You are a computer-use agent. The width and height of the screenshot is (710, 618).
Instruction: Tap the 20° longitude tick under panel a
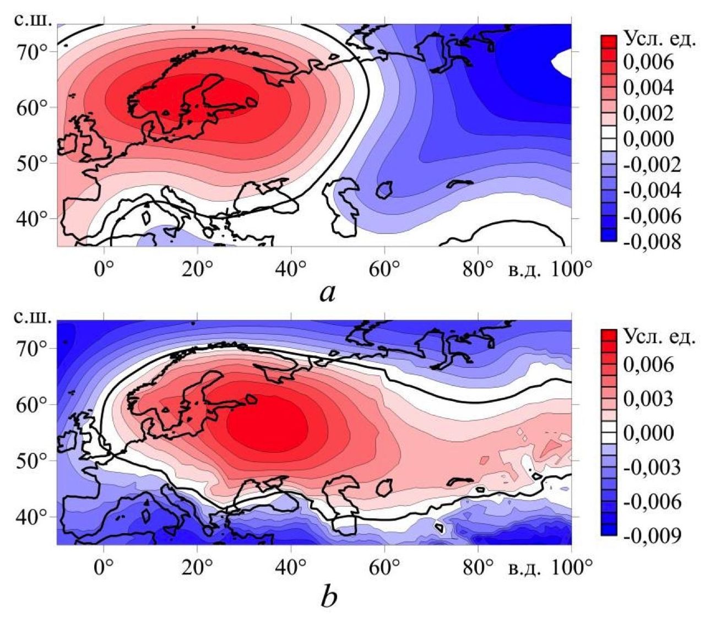pyautogui.click(x=197, y=270)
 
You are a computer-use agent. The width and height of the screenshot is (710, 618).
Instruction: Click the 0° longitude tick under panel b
pyautogui.click(x=103, y=567)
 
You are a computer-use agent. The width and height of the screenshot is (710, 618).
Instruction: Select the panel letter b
pyautogui.click(x=328, y=596)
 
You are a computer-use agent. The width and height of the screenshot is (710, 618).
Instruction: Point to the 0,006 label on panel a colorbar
pyautogui.click(x=648, y=62)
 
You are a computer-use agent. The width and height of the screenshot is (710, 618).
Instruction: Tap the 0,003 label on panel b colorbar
pyautogui.click(x=648, y=398)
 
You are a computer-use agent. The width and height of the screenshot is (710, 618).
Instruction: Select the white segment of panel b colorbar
pyautogui.click(x=609, y=432)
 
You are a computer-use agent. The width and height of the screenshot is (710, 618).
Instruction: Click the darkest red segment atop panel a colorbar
pyautogui.click(x=609, y=42)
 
